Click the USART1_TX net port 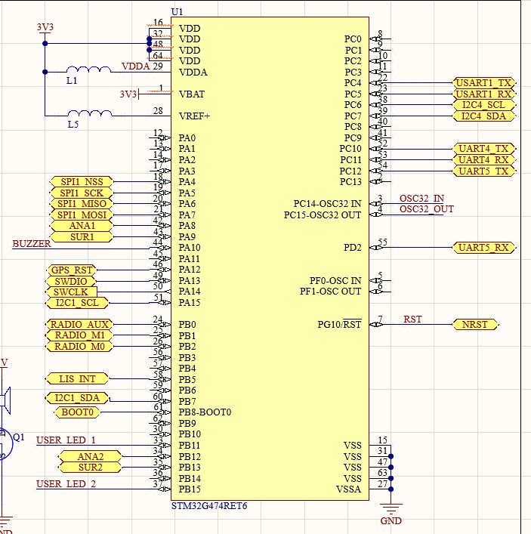(x=483, y=82)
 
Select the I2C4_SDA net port (x=483, y=116)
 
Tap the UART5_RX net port (x=483, y=248)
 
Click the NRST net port (x=475, y=325)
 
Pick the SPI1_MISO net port (x=81, y=204)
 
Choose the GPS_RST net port (x=73, y=270)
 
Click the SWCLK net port (x=70, y=292)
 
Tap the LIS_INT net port (x=78, y=379)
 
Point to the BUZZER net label (x=32, y=244)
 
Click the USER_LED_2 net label (x=66, y=484)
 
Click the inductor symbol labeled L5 (x=89, y=115)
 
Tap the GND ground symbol (x=391, y=510)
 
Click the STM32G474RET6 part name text (x=209, y=505)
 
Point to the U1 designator (x=178, y=11)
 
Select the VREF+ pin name (x=194, y=116)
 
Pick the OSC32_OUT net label (x=427, y=209)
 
